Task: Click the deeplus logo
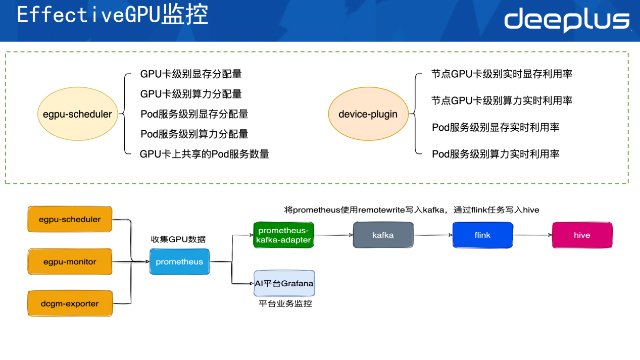click(567, 21)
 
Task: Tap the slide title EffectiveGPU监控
click(113, 15)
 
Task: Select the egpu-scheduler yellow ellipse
click(74, 114)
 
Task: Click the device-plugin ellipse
click(368, 114)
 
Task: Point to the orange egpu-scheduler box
click(70, 220)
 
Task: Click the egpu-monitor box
click(70, 262)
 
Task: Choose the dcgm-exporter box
click(70, 304)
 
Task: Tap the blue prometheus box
click(179, 262)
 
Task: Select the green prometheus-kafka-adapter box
click(283, 235)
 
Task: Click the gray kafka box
click(382, 235)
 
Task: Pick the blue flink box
click(482, 235)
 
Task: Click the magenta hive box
click(582, 235)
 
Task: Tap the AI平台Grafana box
click(284, 283)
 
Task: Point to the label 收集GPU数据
click(178, 239)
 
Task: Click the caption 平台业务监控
click(285, 303)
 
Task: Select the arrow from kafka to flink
click(433, 235)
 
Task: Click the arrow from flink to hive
click(532, 235)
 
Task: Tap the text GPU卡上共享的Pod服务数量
click(204, 154)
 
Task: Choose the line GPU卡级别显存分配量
click(191, 74)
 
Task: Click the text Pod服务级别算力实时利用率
click(496, 154)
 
